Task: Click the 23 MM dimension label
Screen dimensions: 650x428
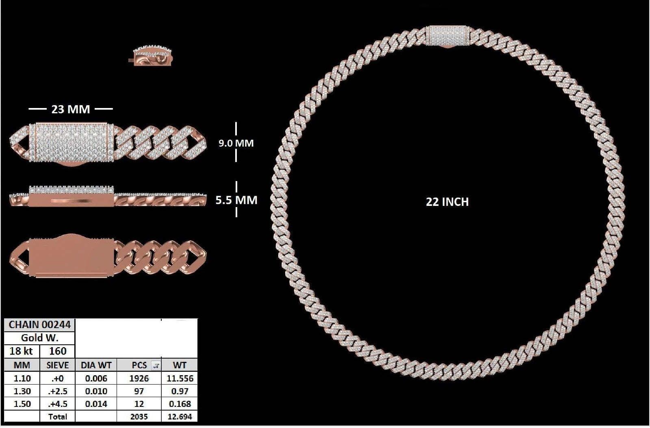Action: [71, 109]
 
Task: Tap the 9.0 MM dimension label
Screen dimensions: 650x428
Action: [236, 143]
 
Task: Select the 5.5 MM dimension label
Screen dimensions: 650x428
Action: [236, 200]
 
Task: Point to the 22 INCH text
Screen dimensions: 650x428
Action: [447, 202]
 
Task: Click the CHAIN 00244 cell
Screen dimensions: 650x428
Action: [39, 325]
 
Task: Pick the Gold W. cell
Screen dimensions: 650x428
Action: [39, 338]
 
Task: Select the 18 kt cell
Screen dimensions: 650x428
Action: [22, 351]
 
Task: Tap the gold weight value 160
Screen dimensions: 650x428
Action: [57, 351]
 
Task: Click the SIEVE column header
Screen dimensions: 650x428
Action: [57, 365]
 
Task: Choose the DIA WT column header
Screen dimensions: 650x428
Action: [96, 365]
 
